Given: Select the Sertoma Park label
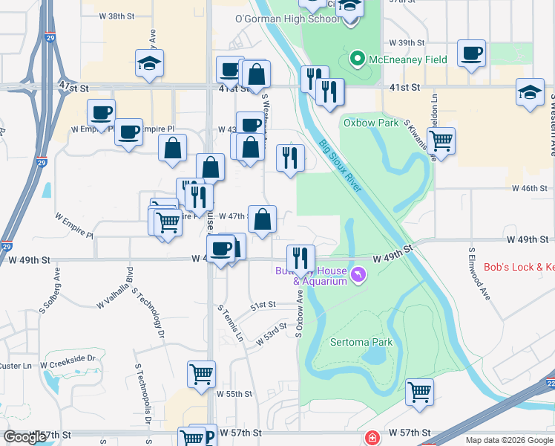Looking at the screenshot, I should tap(361, 343).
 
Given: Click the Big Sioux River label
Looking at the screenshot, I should tap(341, 167).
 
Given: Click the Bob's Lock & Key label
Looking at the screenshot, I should tap(519, 267).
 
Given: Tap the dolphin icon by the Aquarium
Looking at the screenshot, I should tap(359, 276).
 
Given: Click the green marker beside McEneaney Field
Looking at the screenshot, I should tap(357, 59).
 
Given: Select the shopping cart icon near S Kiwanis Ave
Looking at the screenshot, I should tap(441, 140).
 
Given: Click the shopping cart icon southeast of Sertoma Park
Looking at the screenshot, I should tap(420, 391).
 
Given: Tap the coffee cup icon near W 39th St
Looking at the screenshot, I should tap(471, 54).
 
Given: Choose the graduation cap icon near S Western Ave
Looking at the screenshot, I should tap(531, 93).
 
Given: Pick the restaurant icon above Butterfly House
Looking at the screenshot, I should tap(301, 258).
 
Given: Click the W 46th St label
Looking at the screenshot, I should tap(528, 189).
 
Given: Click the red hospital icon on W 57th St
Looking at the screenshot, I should tap(371, 439).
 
